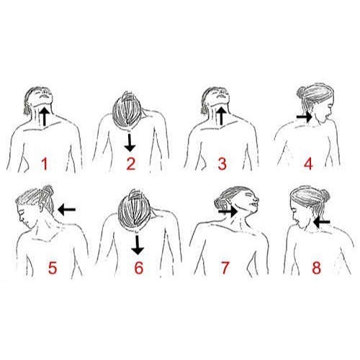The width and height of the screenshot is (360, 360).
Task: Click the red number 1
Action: click(44, 163)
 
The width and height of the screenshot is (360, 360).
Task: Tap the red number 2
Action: click(130, 163)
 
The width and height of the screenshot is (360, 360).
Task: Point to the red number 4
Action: click(309, 163)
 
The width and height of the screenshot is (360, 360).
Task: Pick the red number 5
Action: click(53, 268)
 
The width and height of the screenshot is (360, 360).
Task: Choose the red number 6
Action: click(139, 268)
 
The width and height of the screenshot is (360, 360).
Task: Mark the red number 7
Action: click(225, 268)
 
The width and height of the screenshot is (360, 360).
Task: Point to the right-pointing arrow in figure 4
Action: click(304, 115)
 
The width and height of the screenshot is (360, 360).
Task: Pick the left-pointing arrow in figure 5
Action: click(67, 210)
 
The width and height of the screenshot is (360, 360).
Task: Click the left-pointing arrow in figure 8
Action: click(321, 222)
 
